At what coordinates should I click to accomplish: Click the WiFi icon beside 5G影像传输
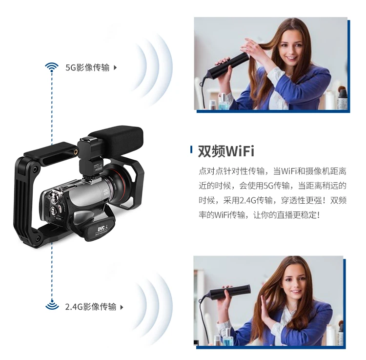coord(52,67)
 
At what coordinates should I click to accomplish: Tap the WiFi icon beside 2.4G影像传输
coord(52,306)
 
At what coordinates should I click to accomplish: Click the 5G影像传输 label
coord(88,67)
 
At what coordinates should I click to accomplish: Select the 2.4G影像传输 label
coord(91,307)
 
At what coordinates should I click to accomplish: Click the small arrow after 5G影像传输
coord(115,67)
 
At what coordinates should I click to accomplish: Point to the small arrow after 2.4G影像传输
coord(122,307)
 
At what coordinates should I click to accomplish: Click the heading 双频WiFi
coord(226,151)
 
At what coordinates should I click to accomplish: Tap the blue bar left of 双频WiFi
coord(191,150)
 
